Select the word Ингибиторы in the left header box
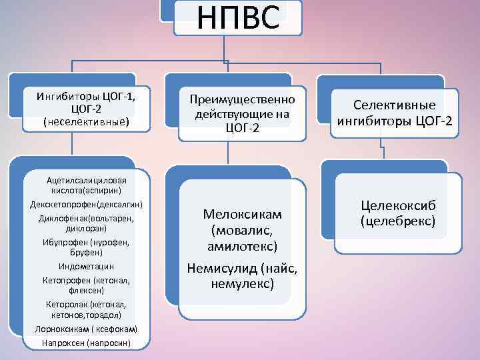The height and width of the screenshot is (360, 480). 67,97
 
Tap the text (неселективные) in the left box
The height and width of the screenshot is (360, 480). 86,122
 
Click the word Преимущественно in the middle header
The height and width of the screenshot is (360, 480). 242,100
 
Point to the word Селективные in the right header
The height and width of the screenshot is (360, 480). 394,105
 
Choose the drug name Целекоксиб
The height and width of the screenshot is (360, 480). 397,206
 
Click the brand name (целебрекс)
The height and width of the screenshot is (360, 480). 397,220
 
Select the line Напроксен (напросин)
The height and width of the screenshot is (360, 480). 86,343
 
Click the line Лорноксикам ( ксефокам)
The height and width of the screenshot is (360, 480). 86,329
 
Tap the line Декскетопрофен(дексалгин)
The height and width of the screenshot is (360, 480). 86,203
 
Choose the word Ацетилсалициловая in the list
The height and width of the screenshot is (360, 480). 86,179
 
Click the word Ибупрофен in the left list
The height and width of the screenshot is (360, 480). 66,241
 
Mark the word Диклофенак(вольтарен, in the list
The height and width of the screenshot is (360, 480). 86,217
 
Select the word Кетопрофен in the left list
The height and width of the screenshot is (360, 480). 66,280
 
